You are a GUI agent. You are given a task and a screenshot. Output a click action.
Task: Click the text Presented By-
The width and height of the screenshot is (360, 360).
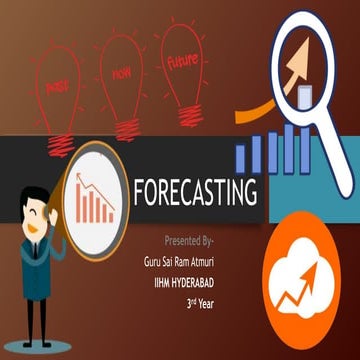tap(189, 241)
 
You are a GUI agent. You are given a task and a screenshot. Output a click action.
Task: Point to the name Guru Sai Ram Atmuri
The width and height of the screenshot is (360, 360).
tap(181, 258)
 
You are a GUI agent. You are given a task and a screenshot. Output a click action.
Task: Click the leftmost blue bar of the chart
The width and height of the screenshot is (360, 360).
tap(241, 155)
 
